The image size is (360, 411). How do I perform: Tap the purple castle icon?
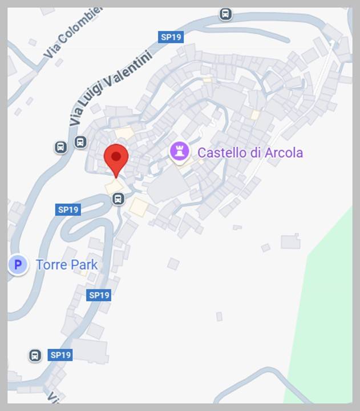180,152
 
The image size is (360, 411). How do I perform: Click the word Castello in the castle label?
222,152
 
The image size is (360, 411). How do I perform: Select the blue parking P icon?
18,265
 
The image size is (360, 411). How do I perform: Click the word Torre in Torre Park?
51,265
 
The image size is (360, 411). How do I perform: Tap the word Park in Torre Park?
83,265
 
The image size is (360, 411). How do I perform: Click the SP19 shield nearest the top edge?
171,37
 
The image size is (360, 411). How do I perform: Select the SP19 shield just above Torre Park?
68,209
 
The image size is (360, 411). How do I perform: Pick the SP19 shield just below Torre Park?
99,295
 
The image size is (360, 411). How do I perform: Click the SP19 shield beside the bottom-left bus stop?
60,355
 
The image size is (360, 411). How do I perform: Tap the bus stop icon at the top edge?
226,14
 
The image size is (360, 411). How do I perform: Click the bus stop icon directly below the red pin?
118,199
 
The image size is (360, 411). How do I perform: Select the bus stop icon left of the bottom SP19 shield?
35,355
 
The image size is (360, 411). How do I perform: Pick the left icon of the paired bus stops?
61,147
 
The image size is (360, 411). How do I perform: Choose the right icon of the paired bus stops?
80,142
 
